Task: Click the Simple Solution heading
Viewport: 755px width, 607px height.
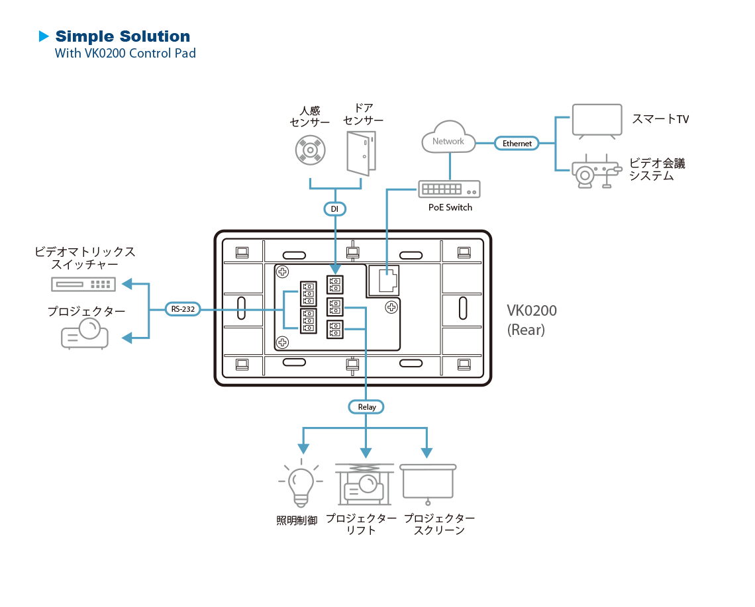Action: pos(123,36)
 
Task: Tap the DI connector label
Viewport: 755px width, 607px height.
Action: pos(334,209)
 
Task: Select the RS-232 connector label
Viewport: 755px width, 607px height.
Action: pos(182,309)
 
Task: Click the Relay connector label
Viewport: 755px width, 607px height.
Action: pos(366,407)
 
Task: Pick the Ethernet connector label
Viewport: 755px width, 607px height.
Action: pos(517,143)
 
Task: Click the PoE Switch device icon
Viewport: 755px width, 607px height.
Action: pos(449,189)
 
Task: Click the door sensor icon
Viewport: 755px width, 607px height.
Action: pos(362,153)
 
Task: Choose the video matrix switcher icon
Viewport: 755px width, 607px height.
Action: pos(83,284)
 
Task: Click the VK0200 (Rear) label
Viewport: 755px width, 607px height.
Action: pos(532,320)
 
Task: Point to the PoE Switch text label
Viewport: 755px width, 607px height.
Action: pos(450,207)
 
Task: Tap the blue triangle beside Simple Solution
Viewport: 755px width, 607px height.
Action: pos(44,36)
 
